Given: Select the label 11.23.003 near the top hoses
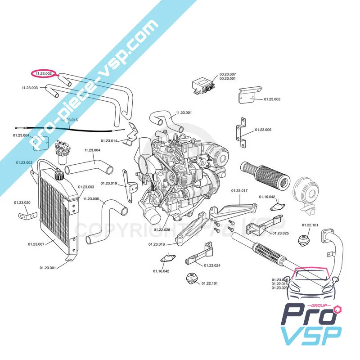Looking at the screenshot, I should coord(30,88).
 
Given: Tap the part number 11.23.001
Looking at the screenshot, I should coord(184,112).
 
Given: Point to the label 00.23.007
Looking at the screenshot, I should coord(228,74).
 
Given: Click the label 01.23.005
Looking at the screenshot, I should coord(272,99).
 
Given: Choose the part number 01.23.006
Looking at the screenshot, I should coord(263,130).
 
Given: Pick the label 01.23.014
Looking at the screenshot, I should coord(109,141).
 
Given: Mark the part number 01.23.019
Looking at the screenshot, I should coord(109,183).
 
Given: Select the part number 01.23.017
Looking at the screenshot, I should coord(240,191).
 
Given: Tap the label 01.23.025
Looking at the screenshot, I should coord(280,233).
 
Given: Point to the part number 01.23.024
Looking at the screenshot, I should coord(212,265).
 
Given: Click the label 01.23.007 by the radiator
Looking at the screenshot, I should coord(36,244).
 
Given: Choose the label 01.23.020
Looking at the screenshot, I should coord(22,202).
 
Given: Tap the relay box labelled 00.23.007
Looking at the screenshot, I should coord(203,85).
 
